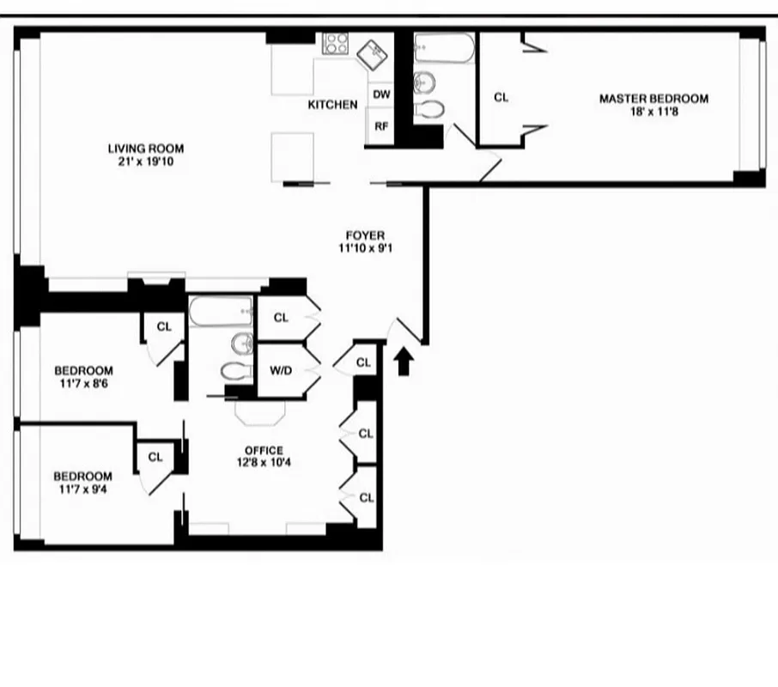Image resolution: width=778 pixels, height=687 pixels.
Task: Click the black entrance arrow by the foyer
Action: coord(403,360)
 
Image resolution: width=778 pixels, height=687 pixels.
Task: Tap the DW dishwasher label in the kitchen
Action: coord(381,94)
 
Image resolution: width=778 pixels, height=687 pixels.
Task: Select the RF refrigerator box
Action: coord(381,126)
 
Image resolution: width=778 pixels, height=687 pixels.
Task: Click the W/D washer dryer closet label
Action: coord(280,371)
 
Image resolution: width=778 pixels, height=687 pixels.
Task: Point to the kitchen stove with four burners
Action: coord(335,44)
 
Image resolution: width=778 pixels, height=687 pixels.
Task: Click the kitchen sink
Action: coord(373,53)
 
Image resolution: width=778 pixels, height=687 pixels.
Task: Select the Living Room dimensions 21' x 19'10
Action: coord(145,161)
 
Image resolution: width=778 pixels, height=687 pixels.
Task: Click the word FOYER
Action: coord(365,235)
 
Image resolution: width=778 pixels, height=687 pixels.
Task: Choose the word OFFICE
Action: coord(264,451)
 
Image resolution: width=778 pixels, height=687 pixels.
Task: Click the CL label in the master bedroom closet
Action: coord(501,98)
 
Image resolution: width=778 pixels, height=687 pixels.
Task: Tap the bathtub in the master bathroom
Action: coord(443,48)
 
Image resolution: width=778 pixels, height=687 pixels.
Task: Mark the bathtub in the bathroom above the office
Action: coord(222,312)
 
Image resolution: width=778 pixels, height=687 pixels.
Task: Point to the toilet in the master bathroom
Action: coord(429,109)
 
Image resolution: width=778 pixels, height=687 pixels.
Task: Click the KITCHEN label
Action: coord(332,105)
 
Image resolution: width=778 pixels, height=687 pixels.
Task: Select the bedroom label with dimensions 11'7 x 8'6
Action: coord(83,377)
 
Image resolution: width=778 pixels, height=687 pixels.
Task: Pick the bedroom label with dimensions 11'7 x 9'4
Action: coord(82,483)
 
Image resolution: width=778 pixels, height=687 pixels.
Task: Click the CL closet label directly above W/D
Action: coord(281,318)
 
